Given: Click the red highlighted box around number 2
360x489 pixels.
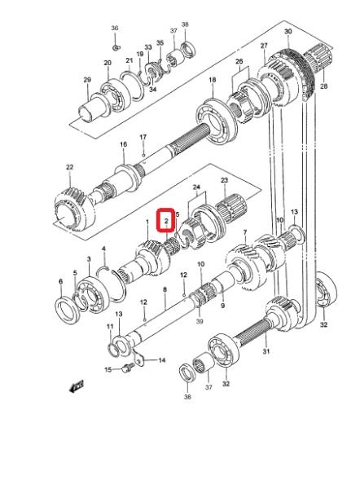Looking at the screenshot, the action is [x=166, y=220].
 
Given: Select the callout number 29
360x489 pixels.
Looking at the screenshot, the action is [x=87, y=80].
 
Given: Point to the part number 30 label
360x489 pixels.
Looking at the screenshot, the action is [x=288, y=32].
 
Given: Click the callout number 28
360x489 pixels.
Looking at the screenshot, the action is [x=324, y=86].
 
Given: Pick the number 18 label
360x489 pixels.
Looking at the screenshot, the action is [x=213, y=80].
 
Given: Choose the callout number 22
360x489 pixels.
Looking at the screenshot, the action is [x=69, y=167].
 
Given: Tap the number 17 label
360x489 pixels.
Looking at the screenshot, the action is [x=143, y=137].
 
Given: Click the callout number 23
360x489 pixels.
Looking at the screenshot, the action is [x=225, y=180].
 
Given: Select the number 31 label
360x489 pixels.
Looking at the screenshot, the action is [x=266, y=351].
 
